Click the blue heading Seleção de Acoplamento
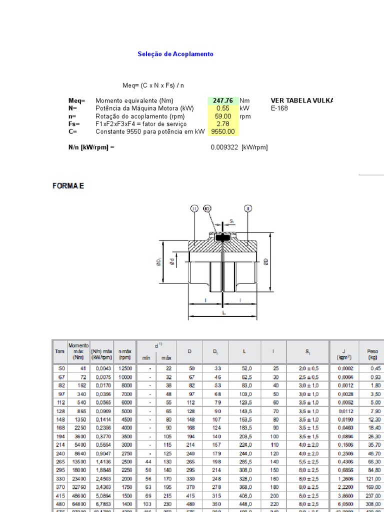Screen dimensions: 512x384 tap(175, 54)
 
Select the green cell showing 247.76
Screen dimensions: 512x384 tap(223, 100)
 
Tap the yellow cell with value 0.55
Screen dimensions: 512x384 tap(223, 108)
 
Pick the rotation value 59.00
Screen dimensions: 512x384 tap(223, 116)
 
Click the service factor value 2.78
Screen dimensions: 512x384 tap(223, 123)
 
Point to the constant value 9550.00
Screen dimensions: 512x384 tap(223, 131)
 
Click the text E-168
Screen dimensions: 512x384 tap(279, 108)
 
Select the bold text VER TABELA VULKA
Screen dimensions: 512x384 tap(301, 100)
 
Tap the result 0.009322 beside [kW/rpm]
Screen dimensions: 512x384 tap(223, 147)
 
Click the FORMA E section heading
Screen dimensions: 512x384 tap(68, 186)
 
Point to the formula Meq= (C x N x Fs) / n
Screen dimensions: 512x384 tap(149, 85)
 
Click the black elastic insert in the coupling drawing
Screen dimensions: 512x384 tap(222, 238)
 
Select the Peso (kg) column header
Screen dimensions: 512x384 tap(372, 354)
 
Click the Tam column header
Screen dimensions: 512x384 tap(59, 351)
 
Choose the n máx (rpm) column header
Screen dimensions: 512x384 tap(124, 354)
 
